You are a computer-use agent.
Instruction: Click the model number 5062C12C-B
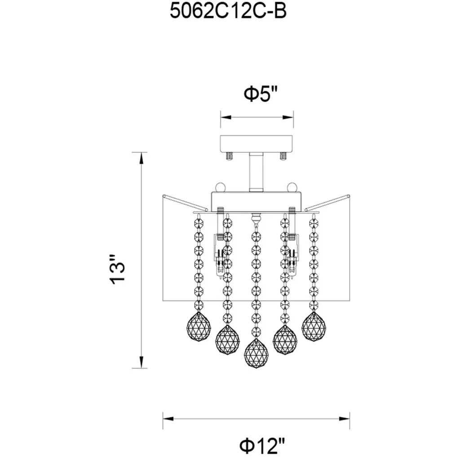coord(228,11)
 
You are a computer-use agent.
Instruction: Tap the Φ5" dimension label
coord(261,94)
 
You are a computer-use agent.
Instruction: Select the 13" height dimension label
coord(117,270)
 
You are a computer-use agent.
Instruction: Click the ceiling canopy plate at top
coord(257,144)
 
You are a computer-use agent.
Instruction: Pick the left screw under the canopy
coord(229,156)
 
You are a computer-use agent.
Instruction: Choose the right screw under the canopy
coord(283,156)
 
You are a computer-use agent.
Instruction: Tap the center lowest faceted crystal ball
coord(257,354)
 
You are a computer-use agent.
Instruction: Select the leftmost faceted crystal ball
coord(199,327)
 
